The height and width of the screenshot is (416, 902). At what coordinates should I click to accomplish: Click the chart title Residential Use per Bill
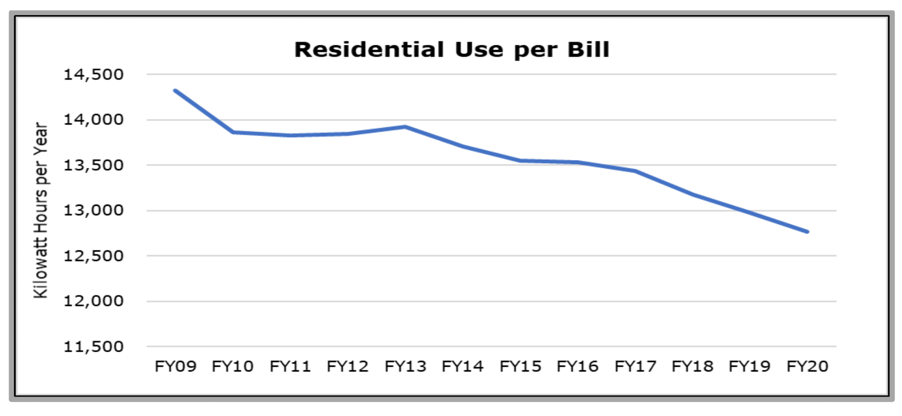coord(451,50)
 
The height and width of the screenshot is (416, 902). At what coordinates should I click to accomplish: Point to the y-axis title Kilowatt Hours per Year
coord(41,210)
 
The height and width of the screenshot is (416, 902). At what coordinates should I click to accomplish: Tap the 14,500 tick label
coord(94,75)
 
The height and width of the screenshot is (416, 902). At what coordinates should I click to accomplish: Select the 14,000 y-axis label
coord(94,120)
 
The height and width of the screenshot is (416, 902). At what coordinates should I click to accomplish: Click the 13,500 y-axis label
coord(94,165)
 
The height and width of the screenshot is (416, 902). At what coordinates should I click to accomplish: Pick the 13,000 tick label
coord(94,210)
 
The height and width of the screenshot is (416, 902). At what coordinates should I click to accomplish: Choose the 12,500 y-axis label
coord(94,256)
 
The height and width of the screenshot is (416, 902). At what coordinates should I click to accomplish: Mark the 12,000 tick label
coord(94,301)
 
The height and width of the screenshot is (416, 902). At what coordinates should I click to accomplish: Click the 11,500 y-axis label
coord(94,347)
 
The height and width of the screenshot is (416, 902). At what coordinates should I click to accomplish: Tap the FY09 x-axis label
coord(175,366)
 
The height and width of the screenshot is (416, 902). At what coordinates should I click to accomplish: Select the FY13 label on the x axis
coord(405,366)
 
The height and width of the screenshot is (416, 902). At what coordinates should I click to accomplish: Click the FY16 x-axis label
coord(578,366)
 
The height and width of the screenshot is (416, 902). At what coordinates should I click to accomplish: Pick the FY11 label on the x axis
coord(290,366)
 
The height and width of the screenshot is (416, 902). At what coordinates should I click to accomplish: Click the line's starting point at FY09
coord(175,91)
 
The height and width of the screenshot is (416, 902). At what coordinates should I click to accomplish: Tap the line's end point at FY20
coord(808,232)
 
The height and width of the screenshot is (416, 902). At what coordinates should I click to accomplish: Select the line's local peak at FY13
coord(405,127)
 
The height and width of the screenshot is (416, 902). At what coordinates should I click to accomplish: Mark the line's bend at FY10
coord(233,132)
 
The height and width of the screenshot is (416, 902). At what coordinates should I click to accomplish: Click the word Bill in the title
coord(588,50)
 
